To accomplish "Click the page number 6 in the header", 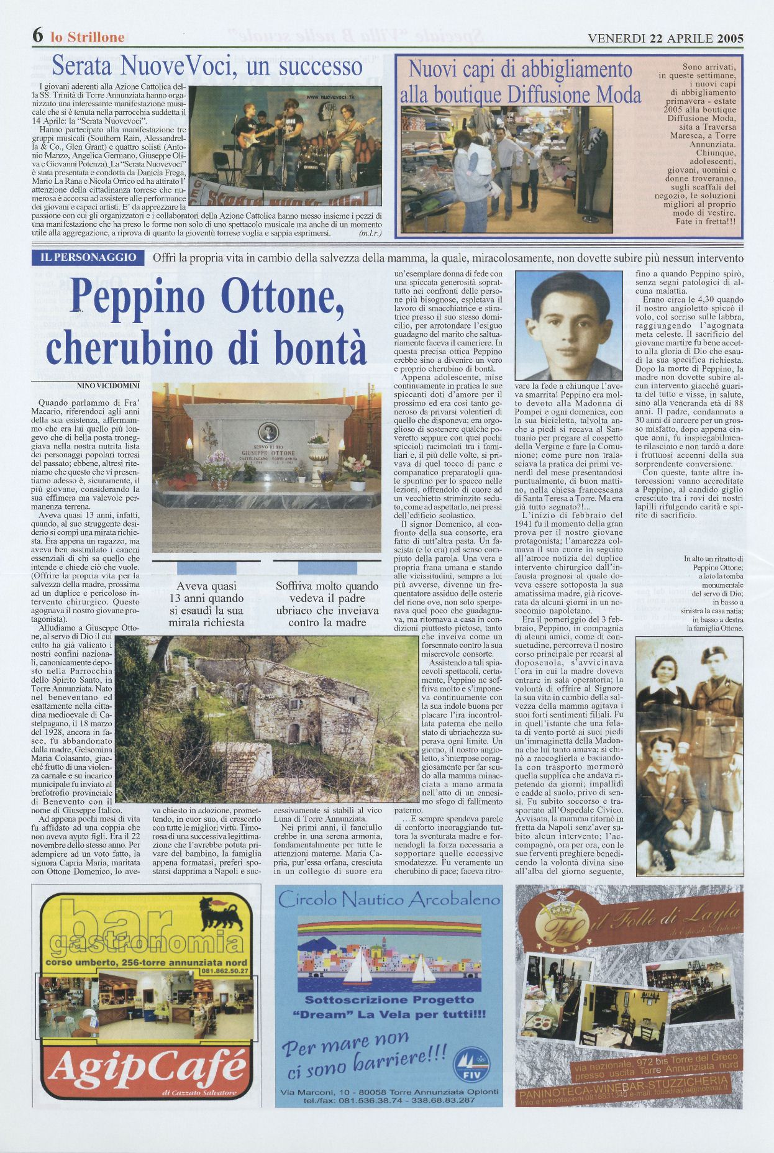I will pyautogui.click(x=37, y=36).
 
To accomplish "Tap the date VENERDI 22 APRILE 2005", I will pyautogui.click(x=665, y=38).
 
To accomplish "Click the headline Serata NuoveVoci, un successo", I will pyautogui.click(x=207, y=65).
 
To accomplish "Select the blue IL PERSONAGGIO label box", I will pyautogui.click(x=88, y=258).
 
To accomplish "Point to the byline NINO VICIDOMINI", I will pyautogui.click(x=109, y=385).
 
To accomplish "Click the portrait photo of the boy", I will pyautogui.click(x=568, y=326).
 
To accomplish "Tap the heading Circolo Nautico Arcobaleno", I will pyautogui.click(x=389, y=900).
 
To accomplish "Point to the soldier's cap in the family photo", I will pyautogui.click(x=714, y=655).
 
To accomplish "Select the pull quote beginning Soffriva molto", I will pyautogui.click(x=327, y=604).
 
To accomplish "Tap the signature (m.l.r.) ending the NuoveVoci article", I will pyautogui.click(x=370, y=233).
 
